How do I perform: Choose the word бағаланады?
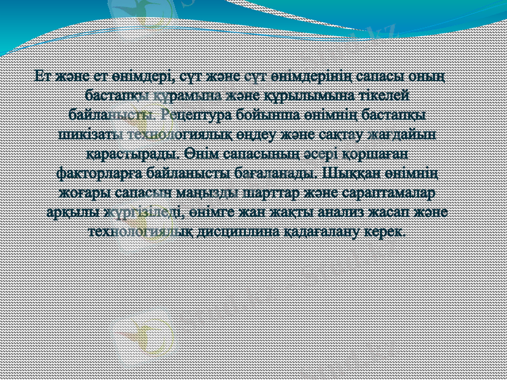(276, 172)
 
